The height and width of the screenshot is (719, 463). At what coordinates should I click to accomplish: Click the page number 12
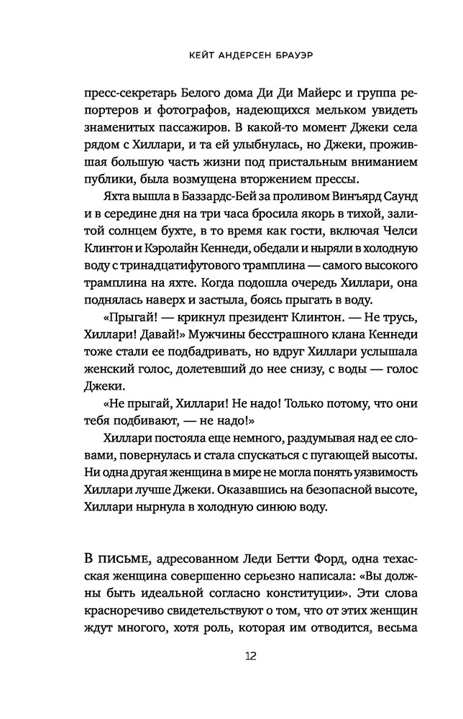point(232,656)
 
